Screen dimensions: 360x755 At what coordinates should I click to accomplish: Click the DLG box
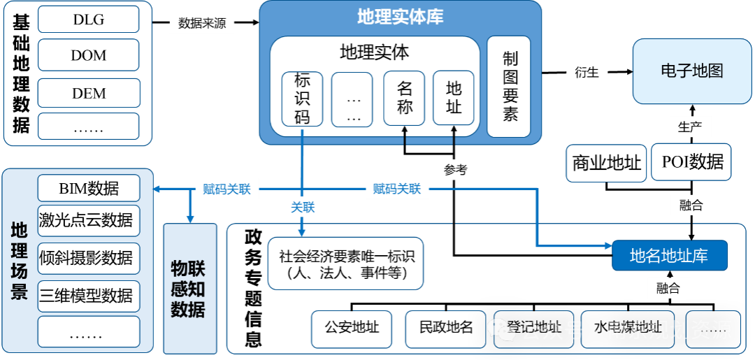tap(89, 19)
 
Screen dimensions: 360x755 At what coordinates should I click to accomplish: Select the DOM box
tap(89, 55)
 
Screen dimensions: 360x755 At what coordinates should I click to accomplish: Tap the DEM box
tap(89, 93)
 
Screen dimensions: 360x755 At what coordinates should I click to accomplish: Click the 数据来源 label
tap(202, 23)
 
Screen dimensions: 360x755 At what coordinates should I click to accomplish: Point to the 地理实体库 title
tap(400, 17)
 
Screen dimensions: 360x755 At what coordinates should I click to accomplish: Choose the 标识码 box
tap(302, 99)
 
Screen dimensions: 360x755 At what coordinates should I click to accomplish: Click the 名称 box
tap(405, 98)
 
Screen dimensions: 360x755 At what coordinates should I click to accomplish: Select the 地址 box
tap(454, 98)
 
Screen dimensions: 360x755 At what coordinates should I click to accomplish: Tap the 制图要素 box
tap(510, 86)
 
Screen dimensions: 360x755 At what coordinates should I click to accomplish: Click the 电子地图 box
tap(691, 71)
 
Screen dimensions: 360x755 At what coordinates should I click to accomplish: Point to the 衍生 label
tap(587, 72)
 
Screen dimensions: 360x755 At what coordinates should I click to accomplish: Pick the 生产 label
tap(690, 127)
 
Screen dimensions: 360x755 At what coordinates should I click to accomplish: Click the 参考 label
tap(455, 169)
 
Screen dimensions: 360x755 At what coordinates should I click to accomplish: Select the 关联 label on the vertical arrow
tap(303, 207)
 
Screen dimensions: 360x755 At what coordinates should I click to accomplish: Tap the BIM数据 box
tap(89, 188)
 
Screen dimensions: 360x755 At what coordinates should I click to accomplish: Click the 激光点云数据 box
tap(89, 220)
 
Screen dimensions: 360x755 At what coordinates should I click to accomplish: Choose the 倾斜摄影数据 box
tap(89, 258)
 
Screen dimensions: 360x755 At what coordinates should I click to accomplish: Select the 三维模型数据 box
tap(89, 296)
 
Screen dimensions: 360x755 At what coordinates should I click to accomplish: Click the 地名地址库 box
tap(669, 256)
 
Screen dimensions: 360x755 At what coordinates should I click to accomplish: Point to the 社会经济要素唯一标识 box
tap(346, 264)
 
